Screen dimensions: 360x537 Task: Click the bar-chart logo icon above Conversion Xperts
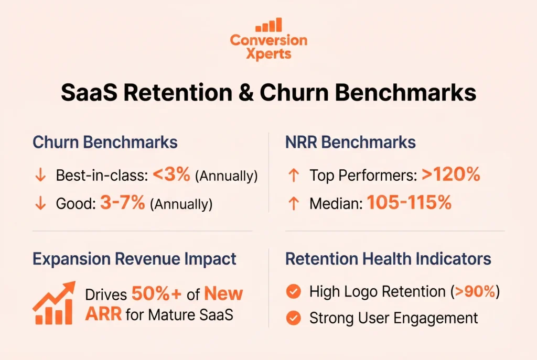pos(268,25)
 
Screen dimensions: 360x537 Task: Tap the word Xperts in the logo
pos(268,53)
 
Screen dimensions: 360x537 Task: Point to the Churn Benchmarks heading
pos(105,143)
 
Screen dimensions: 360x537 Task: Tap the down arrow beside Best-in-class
pos(40,176)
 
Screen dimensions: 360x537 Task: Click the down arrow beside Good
pos(40,203)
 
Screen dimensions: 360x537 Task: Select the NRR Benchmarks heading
pos(350,143)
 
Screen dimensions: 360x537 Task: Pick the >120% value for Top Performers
pos(450,176)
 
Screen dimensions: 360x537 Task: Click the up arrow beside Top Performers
pos(294,176)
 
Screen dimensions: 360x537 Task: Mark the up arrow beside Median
pos(294,203)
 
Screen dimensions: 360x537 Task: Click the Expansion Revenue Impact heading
pos(134,258)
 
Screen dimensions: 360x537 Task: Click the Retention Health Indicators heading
pos(388,258)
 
